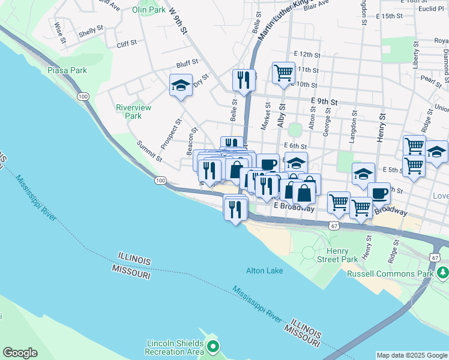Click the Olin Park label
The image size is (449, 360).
tap(148, 10)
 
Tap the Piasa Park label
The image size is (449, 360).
tap(67, 70)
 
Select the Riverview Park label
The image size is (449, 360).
tap(133, 112)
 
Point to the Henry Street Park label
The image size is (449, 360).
tap(342, 255)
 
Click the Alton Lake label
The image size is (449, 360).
tap(264, 271)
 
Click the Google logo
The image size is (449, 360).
tap(20, 353)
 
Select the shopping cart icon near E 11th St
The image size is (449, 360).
tap(283, 73)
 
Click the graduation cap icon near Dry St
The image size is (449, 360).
tap(180, 86)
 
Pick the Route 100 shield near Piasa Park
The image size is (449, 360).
tap(83, 97)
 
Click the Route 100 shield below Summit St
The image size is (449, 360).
tap(160, 180)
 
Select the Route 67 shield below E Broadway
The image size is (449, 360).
tap(334, 223)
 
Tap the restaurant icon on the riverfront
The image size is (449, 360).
tap(235, 209)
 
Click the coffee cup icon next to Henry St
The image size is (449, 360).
tap(379, 193)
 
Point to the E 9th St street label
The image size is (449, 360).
tap(324, 102)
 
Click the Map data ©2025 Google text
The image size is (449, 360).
tap(412, 355)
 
